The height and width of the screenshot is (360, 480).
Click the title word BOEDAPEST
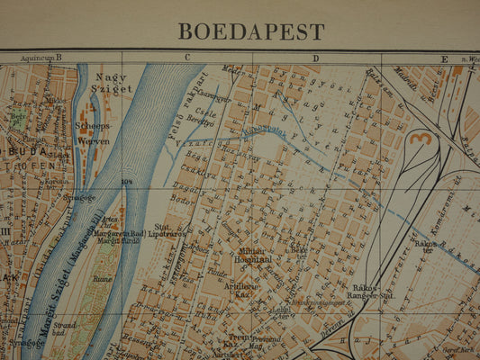[x=251, y=31]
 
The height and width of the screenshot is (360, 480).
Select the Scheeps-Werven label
[x=93, y=133]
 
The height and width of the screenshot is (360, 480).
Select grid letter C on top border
[x=188, y=58]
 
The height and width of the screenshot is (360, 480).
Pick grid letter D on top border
[x=316, y=58]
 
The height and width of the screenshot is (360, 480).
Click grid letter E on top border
[x=443, y=58]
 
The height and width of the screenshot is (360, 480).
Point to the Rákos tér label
[x=425, y=246]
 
